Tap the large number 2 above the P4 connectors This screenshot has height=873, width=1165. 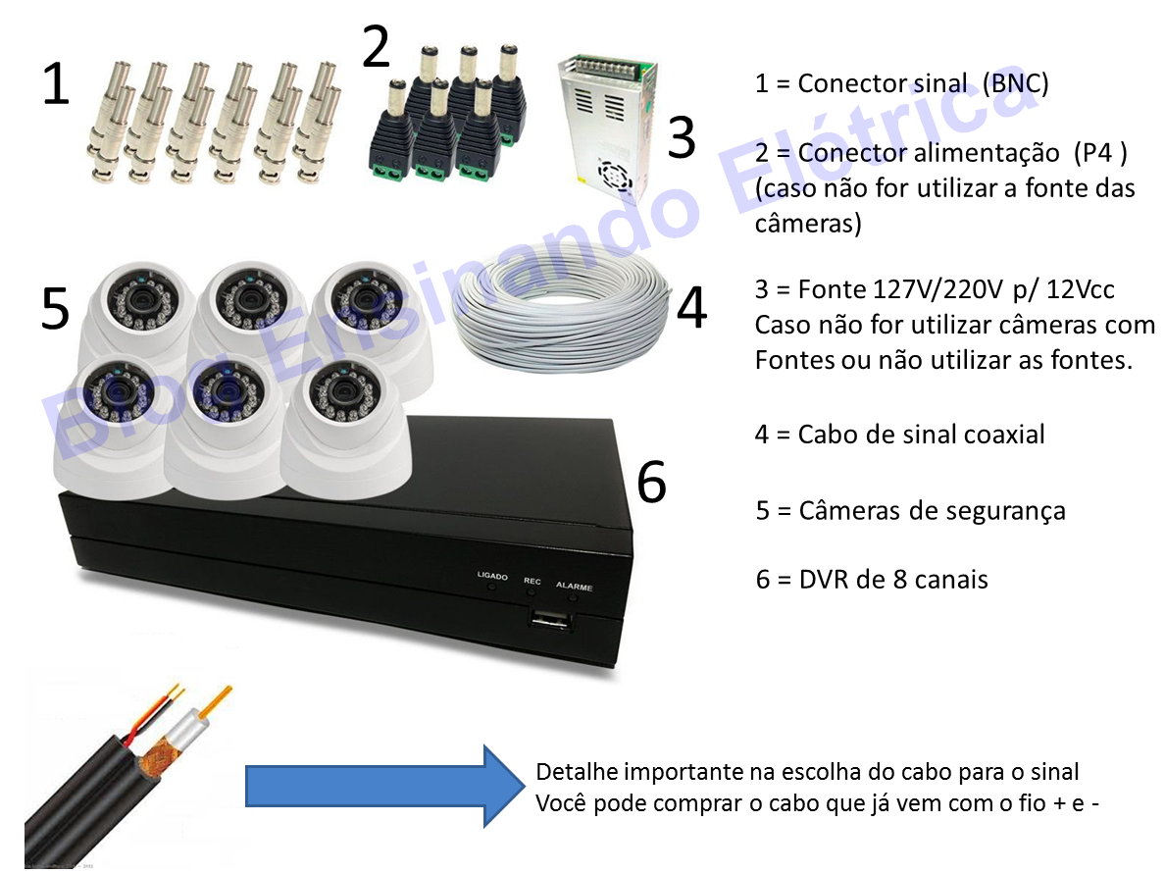pyautogui.click(x=377, y=48)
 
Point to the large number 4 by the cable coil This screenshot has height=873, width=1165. pyautogui.click(x=691, y=307)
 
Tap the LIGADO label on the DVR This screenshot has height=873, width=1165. pyautogui.click(x=492, y=577)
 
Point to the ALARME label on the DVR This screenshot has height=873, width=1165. pyautogui.click(x=574, y=587)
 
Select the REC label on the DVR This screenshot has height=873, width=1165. pyautogui.click(x=532, y=581)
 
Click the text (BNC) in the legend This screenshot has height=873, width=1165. pyautogui.click(x=1015, y=83)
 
